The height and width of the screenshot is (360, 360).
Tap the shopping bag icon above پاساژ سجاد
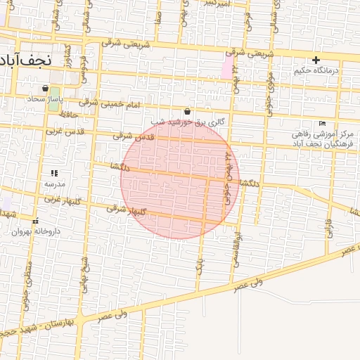[x=46, y=89]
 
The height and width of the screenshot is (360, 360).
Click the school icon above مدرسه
[x=54, y=172]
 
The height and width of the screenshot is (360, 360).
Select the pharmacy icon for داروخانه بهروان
[x=34, y=219]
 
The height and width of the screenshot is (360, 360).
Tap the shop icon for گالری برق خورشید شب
[x=188, y=111]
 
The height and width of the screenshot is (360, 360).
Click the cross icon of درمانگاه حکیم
[x=316, y=60]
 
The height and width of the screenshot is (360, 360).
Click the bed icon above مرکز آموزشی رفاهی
[x=323, y=124]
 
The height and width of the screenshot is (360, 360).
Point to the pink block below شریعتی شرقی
[x=227, y=68]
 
